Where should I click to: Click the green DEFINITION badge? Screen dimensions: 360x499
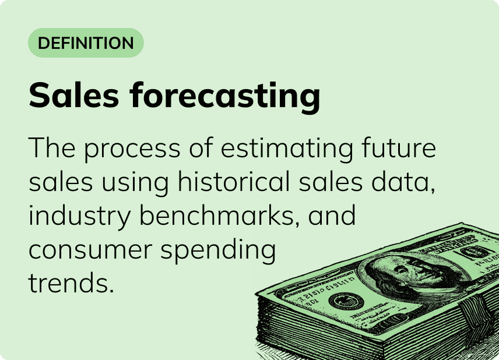[x=86, y=43]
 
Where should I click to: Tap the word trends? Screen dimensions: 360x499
[x=69, y=284]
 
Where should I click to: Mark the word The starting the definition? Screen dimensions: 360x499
[x=50, y=149]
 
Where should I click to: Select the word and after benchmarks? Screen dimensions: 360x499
[x=332, y=216]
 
